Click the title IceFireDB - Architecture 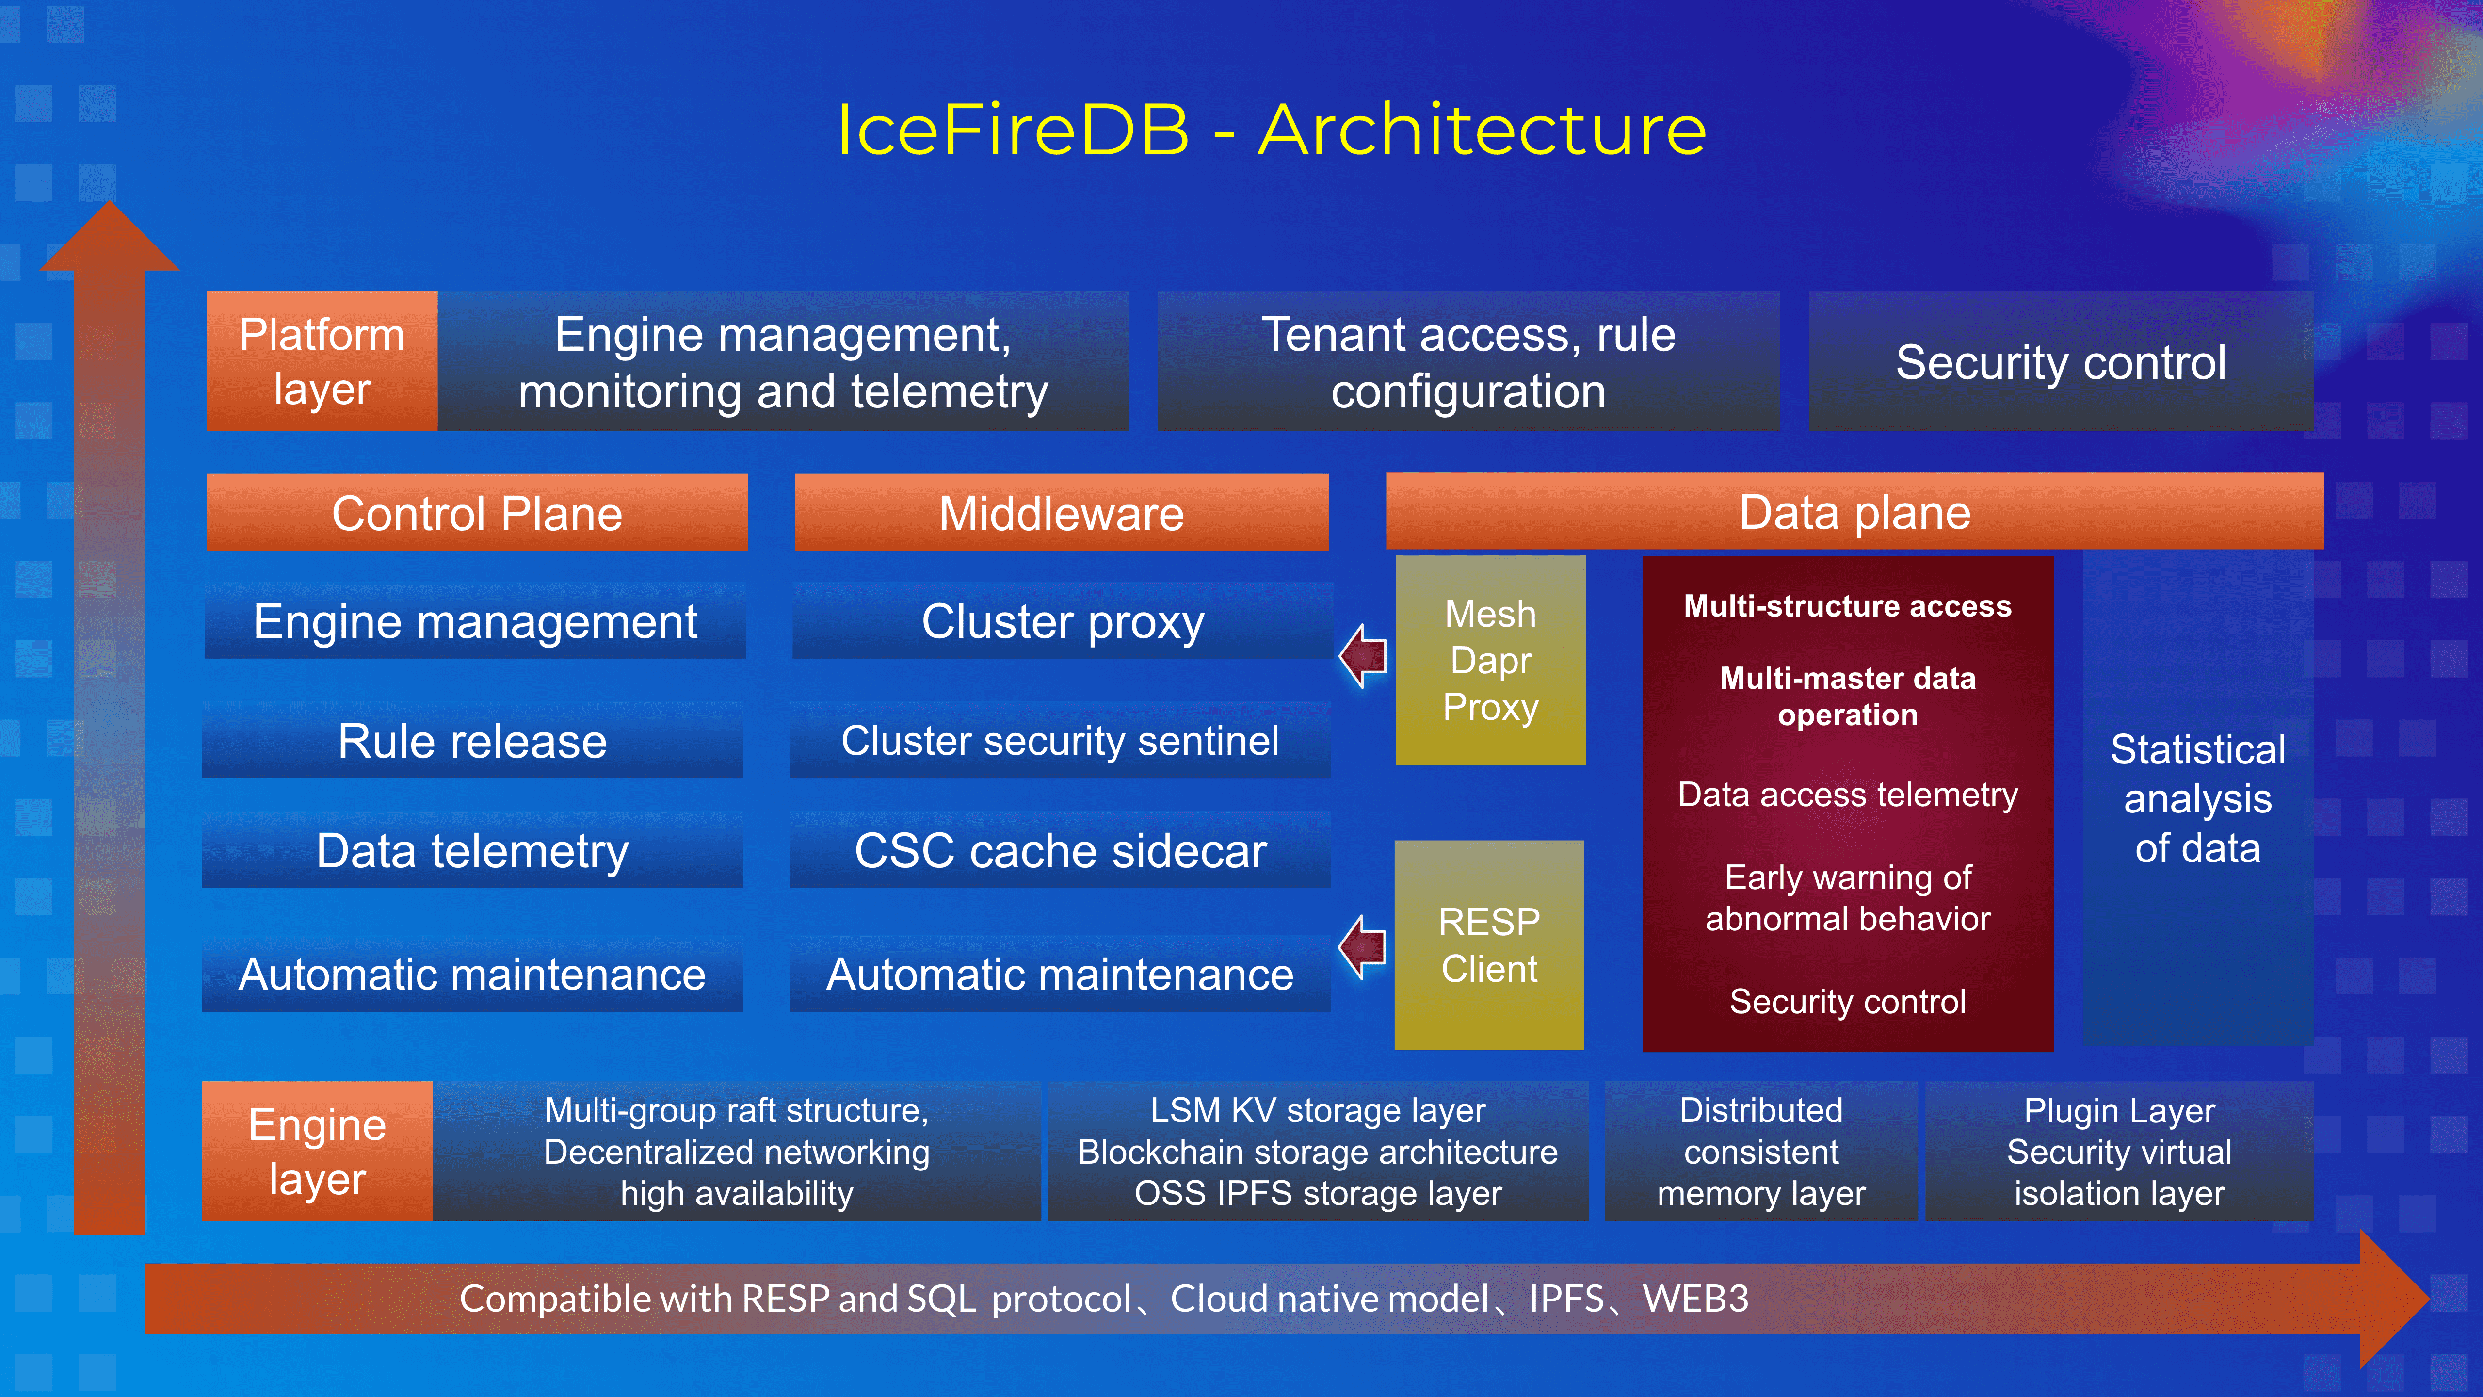click(1271, 130)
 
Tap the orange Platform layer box click(322, 361)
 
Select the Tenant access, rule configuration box click(1468, 361)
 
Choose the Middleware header click(1061, 513)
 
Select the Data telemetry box click(472, 850)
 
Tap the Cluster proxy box click(1062, 621)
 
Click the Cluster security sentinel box click(1060, 740)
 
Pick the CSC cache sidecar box click(1060, 850)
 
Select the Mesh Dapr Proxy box click(1490, 660)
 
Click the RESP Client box click(1489, 945)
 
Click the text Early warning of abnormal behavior click(1848, 897)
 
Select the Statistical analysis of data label click(2198, 798)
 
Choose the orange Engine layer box click(317, 1151)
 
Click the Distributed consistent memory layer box click(1761, 1151)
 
